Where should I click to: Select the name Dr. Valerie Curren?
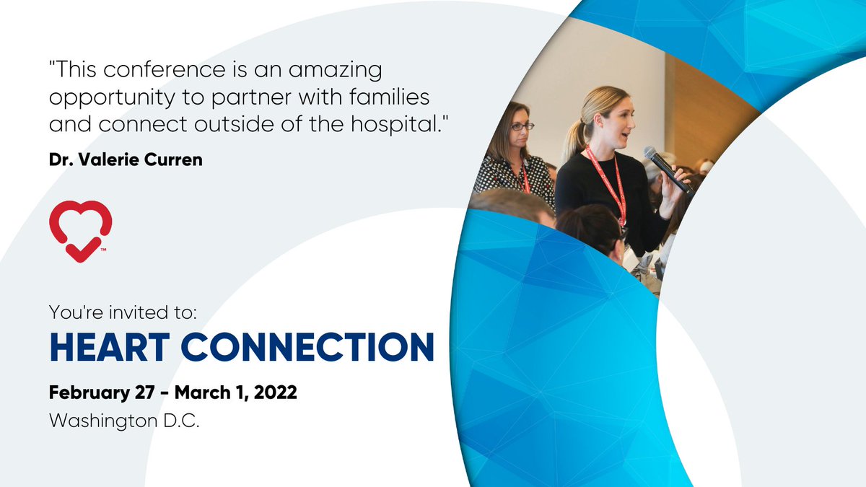[x=126, y=160]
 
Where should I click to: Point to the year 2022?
[x=277, y=394]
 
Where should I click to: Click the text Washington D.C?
[x=123, y=421]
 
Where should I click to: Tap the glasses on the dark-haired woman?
[x=521, y=126]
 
